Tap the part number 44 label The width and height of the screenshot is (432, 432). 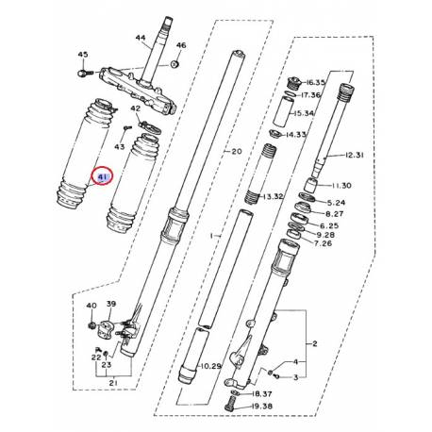(x=141, y=39)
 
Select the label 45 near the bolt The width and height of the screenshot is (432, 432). (x=82, y=55)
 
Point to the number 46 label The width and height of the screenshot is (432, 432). (x=181, y=46)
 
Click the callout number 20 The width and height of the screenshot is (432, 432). (x=236, y=151)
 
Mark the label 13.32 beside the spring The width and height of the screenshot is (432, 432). (x=274, y=196)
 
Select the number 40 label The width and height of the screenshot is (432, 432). (x=91, y=306)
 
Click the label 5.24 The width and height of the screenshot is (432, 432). (x=335, y=202)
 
